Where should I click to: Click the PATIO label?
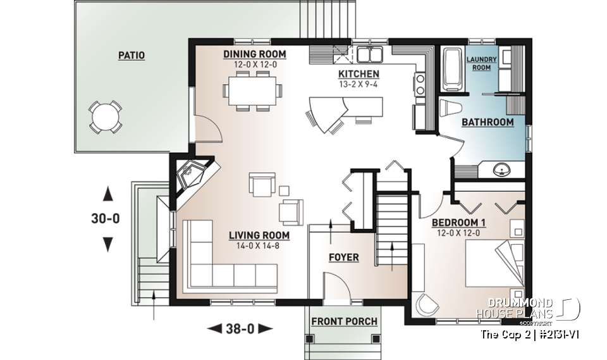pos(132,56)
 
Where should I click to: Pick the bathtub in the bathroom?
pos(451,70)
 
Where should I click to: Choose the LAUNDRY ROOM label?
pos(482,63)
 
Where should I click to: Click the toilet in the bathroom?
pos(450,108)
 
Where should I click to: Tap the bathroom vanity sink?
pos(503,170)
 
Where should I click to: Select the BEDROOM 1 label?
pos(459,223)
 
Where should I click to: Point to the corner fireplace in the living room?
pos(190,177)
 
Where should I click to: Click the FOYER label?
pos(343,258)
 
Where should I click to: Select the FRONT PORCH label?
pos(344,321)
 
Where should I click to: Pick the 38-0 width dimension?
pos(240,328)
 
